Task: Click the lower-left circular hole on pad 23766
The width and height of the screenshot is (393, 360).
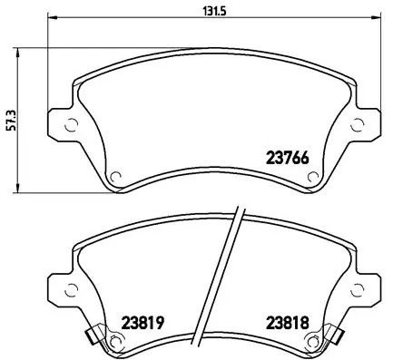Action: pyautogui.click(x=114, y=176)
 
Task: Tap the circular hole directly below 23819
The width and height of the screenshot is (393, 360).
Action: pyautogui.click(x=114, y=341)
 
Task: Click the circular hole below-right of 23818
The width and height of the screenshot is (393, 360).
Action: pyautogui.click(x=312, y=341)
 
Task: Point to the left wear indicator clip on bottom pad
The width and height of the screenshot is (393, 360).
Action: pyautogui.click(x=91, y=338)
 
